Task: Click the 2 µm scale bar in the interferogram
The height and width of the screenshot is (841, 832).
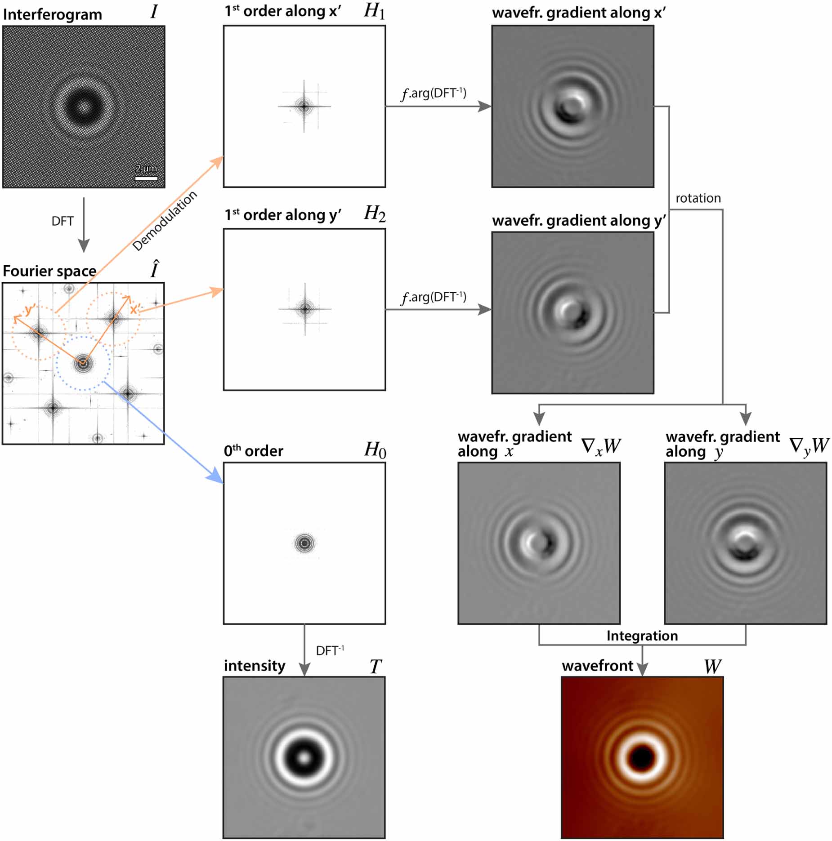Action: (146, 178)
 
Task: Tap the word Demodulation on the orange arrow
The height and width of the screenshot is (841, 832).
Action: (165, 221)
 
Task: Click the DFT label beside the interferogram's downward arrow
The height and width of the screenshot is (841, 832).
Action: (63, 221)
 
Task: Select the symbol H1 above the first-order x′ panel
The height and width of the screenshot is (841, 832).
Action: (374, 12)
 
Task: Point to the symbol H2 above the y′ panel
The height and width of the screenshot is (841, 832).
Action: (374, 214)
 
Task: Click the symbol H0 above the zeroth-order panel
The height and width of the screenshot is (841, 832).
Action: (375, 450)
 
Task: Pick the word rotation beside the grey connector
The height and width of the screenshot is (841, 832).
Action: (698, 198)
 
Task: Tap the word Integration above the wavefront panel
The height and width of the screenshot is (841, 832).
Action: (642, 636)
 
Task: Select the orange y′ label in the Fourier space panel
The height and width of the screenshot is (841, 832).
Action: (30, 309)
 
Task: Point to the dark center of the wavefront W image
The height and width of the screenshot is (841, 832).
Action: (642, 758)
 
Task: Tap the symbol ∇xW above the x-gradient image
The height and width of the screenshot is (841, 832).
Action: (601, 446)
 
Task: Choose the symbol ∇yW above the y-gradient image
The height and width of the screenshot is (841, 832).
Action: (809, 446)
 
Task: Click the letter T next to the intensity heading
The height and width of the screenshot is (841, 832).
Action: (376, 667)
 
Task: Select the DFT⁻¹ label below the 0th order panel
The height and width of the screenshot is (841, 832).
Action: (330, 650)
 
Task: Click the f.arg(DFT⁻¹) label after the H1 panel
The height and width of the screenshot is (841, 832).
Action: (434, 93)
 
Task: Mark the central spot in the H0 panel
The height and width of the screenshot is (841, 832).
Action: (304, 543)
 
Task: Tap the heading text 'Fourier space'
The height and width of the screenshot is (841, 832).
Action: (49, 271)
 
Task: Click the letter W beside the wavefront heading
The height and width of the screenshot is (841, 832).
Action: (712, 667)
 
